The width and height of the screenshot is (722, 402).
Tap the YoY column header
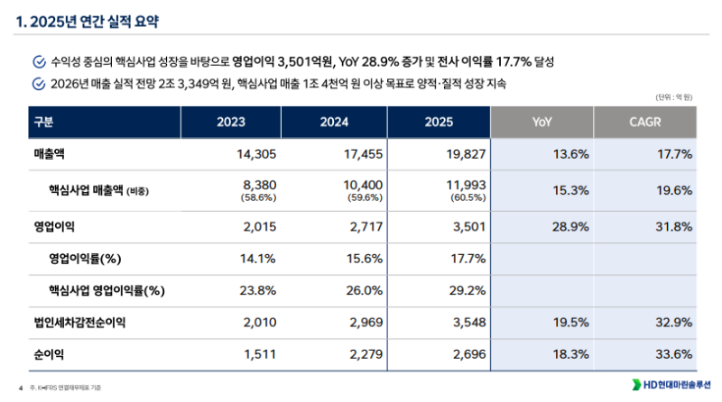point(542,122)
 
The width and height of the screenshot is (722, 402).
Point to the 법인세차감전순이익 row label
point(79,323)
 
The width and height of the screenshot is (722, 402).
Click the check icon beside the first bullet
point(38,62)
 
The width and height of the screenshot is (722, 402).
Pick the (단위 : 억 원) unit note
point(673,97)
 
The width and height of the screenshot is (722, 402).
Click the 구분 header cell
point(43,122)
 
